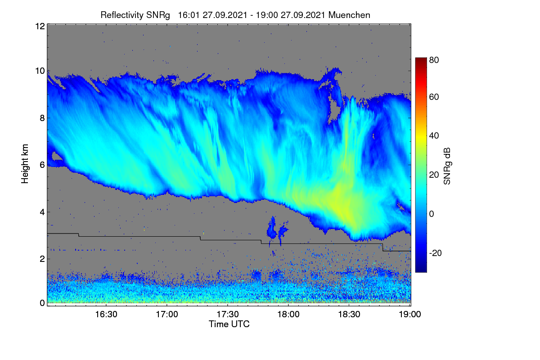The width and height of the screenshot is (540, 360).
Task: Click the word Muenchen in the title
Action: pos(349,15)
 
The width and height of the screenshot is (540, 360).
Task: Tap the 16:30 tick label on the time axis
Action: pos(106,314)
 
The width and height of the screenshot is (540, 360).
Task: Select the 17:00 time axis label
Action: pos(167,314)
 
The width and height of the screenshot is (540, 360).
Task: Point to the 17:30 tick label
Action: pos(228,314)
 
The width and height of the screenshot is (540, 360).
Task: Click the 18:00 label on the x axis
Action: pos(288,314)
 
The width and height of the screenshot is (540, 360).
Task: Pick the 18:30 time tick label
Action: pos(349,314)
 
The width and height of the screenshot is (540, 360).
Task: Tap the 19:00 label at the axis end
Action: pos(410,314)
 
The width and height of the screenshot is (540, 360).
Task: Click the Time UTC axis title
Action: pos(229,324)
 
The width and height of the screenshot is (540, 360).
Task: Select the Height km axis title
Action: pos(25,164)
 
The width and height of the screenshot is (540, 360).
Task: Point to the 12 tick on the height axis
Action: pos(40,26)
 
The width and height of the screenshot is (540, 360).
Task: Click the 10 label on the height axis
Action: pos(40,71)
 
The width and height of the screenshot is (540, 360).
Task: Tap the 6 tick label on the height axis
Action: pos(42,165)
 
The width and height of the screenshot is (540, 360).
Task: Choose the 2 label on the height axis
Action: pos(42,259)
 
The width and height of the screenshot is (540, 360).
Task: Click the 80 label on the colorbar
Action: pos(434,60)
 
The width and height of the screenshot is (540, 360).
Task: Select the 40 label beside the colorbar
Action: pos(434,136)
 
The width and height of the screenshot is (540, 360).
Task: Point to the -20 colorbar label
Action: pos(436,253)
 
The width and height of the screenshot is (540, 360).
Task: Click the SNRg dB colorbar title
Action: pos(447,166)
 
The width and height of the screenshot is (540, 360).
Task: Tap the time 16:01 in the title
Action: pos(189,15)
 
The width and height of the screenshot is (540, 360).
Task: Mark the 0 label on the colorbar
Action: pos(432,214)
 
